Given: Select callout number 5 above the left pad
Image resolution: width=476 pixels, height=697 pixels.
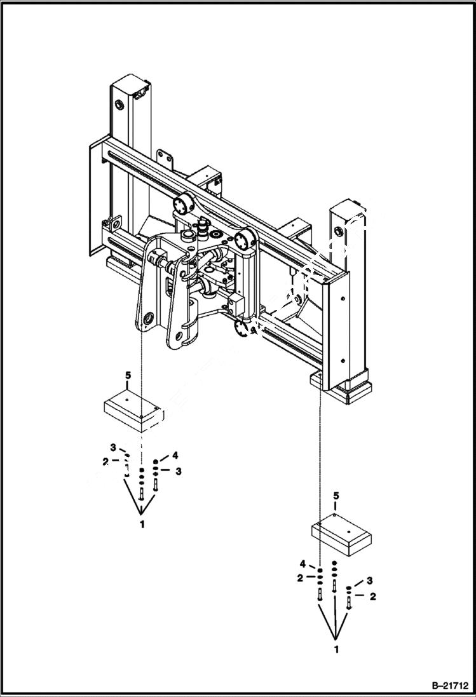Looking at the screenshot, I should point(128,376).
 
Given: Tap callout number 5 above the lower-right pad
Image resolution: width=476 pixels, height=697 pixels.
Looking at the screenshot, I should point(336,494).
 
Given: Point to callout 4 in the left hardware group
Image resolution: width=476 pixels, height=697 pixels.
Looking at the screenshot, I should point(174,455).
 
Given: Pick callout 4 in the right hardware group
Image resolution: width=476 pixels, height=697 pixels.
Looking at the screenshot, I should point(304,564).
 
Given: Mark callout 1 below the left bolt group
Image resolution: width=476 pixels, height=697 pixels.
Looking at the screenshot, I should point(142,524).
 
